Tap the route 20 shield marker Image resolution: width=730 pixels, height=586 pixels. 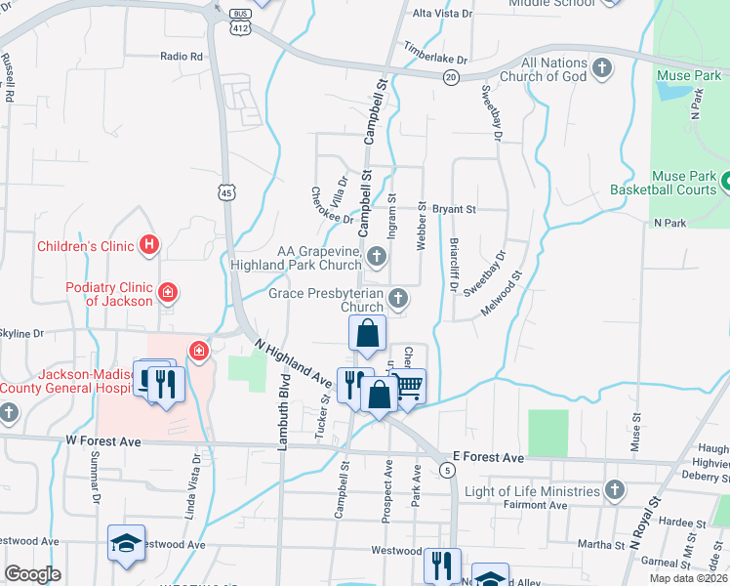(x=450, y=76)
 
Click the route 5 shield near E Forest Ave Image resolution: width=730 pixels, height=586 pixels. (x=447, y=471)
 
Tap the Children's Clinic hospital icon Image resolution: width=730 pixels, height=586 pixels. (x=148, y=245)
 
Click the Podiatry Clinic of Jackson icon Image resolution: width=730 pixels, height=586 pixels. (x=168, y=292)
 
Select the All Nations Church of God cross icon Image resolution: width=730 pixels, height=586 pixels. (x=603, y=67)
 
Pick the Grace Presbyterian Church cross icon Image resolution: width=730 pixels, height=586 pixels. (x=397, y=297)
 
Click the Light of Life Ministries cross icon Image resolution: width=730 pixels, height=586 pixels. (x=614, y=489)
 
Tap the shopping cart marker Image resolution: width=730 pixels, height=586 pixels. (x=410, y=385)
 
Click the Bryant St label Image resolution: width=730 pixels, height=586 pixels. (x=454, y=209)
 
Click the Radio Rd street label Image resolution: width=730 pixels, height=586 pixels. (x=182, y=57)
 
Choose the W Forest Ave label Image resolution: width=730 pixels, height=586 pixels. (x=102, y=442)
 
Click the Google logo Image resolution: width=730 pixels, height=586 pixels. (x=32, y=573)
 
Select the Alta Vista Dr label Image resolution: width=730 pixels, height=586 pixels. (x=442, y=14)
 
